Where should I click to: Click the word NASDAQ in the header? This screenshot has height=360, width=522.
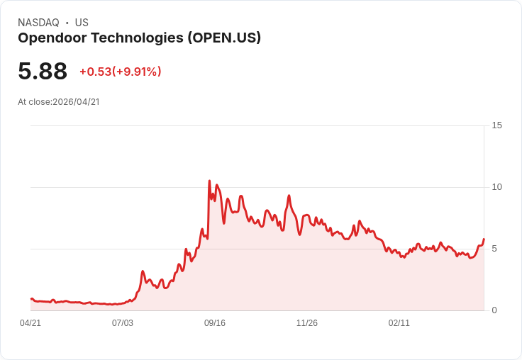coord(38,23)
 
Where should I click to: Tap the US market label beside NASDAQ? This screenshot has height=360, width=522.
coord(82,23)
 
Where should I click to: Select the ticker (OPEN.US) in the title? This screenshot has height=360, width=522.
coord(224,38)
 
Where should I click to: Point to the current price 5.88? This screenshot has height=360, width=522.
coord(43,71)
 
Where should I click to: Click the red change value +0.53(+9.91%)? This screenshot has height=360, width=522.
coord(121,72)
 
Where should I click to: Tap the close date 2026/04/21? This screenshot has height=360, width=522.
coord(76,102)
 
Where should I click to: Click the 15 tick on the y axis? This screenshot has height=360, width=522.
coord(496,125)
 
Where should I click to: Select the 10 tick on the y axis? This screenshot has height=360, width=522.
coord(496,187)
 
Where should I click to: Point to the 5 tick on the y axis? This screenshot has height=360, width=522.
coord(494,249)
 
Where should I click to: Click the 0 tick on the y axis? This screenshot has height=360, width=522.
coord(494,310)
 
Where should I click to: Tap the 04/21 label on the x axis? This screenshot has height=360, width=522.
coord(30,323)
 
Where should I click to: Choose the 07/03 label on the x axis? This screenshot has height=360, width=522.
coord(123,323)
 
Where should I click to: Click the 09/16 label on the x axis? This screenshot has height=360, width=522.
coord(215,323)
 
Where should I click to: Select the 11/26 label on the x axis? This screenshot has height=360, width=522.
coord(307,323)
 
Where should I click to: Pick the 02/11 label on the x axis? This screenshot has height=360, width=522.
coord(399,323)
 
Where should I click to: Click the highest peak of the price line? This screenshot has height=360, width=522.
coord(209,181)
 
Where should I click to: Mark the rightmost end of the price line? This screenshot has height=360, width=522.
coord(484,240)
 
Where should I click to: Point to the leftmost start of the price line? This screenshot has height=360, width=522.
coord(31,299)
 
